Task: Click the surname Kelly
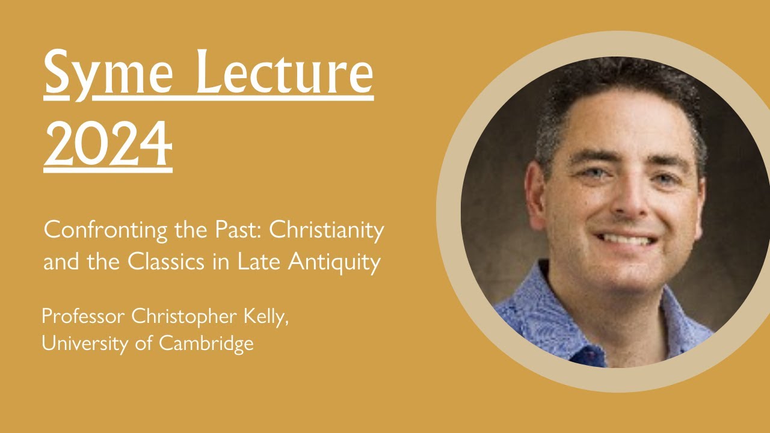(269, 318)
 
